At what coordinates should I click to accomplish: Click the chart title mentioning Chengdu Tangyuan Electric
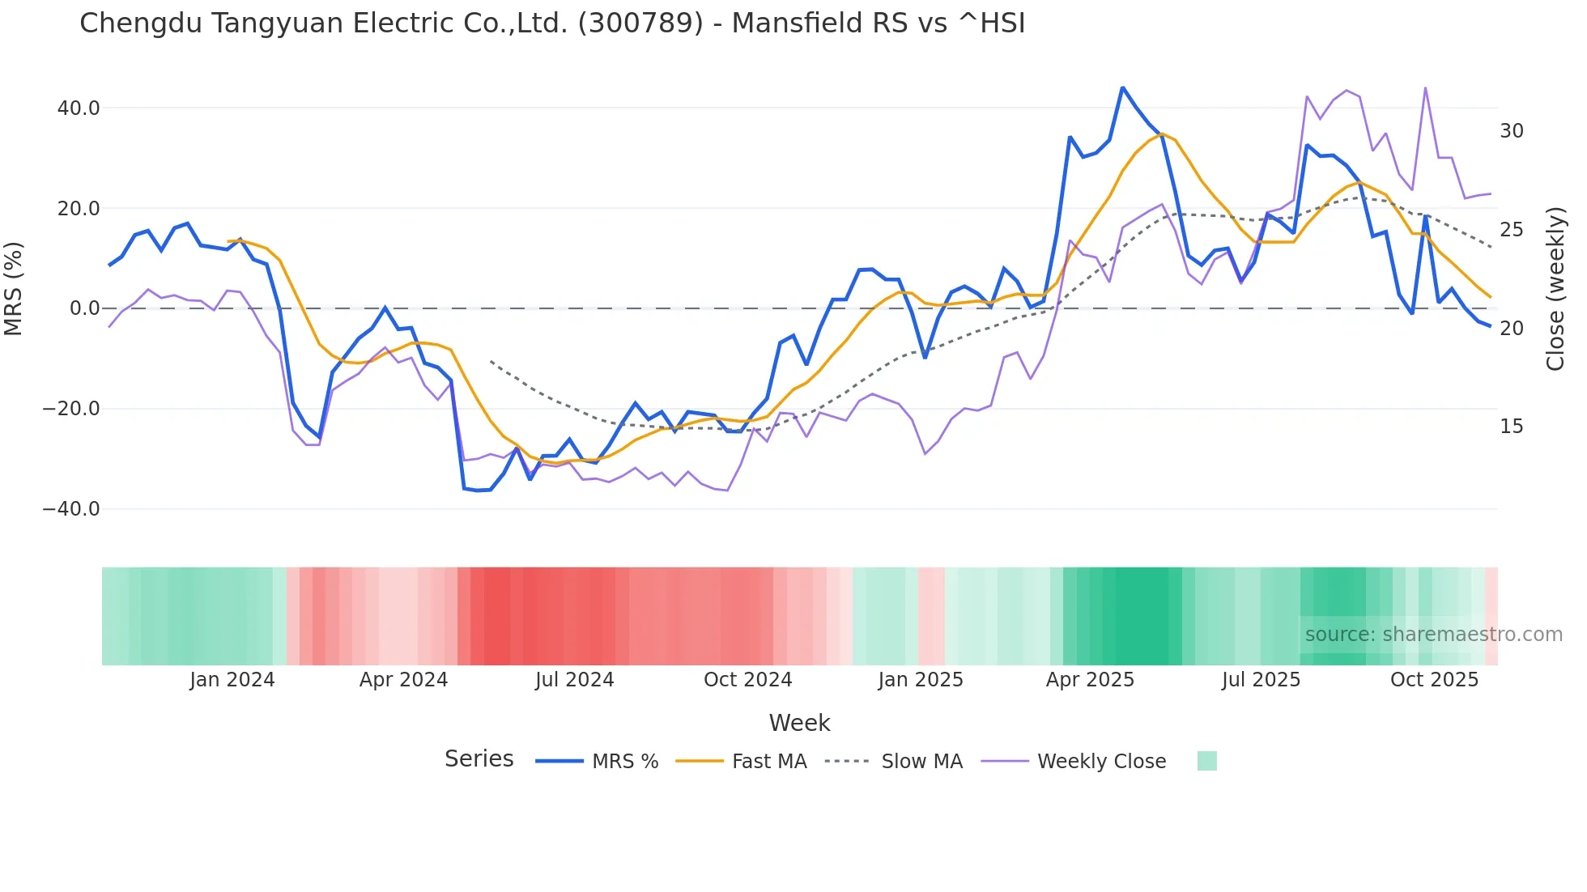click(552, 23)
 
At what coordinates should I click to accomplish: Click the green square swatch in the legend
click(1206, 761)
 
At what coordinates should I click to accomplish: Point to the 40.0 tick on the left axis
click(79, 108)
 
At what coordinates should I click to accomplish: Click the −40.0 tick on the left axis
click(71, 509)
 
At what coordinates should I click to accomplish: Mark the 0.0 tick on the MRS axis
click(84, 308)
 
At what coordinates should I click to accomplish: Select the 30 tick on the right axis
click(1512, 131)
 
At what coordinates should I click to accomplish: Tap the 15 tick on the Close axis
click(1512, 427)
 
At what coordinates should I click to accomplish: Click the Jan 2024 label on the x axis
click(232, 680)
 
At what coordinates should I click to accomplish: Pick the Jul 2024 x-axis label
click(575, 680)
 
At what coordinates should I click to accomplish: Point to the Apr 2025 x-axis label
click(1090, 680)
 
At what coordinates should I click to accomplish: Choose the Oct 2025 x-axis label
click(1434, 680)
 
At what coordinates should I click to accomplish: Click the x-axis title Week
click(799, 723)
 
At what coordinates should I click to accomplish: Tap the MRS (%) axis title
click(14, 288)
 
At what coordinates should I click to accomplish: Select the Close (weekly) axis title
click(1555, 289)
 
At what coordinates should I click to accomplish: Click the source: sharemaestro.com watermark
click(1433, 635)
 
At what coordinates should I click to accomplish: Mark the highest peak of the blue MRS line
click(1122, 87)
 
